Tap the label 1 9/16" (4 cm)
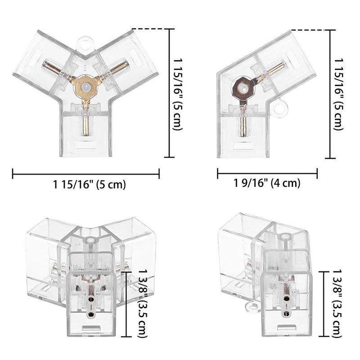coord(267,182)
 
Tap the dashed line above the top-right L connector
coord(309,30)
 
